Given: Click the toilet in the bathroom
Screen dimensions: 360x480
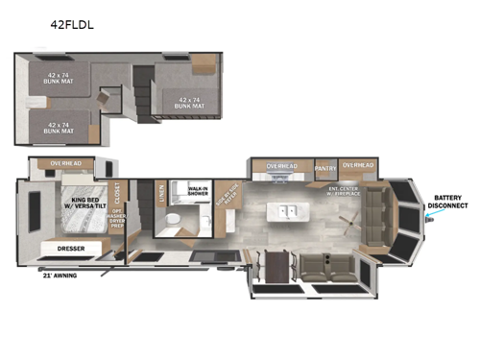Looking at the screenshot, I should click(170, 221).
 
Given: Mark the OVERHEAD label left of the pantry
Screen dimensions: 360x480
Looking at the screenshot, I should click(281, 167).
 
